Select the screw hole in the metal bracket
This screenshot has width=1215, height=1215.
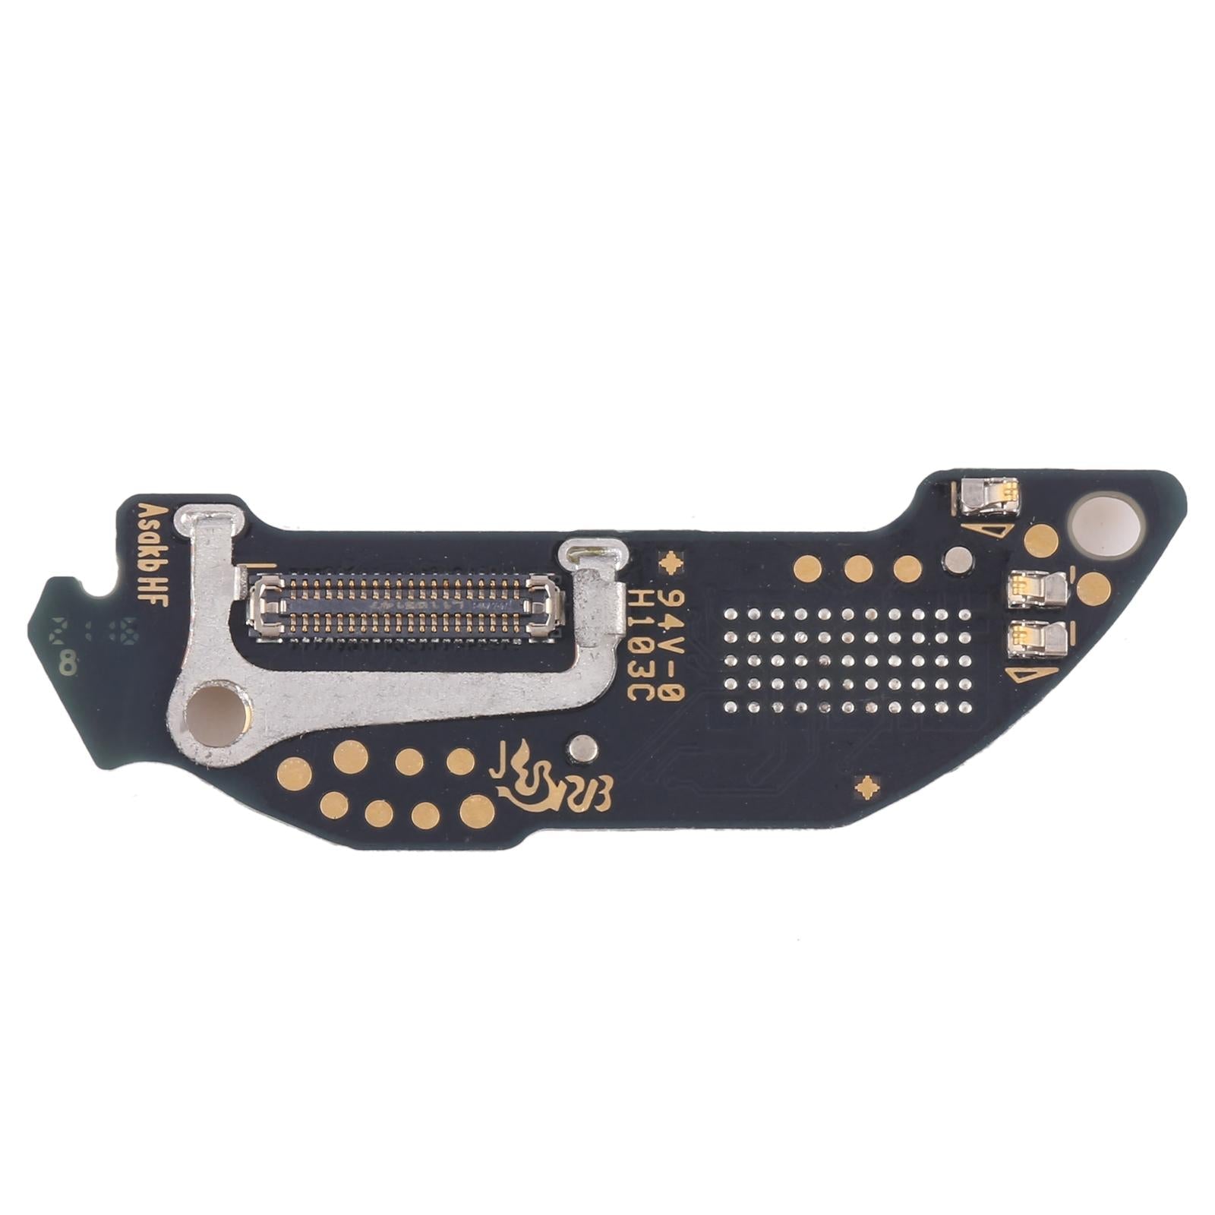click(216, 712)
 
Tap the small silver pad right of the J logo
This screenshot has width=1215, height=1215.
click(581, 747)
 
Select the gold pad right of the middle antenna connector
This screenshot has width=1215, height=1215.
click(1093, 587)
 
